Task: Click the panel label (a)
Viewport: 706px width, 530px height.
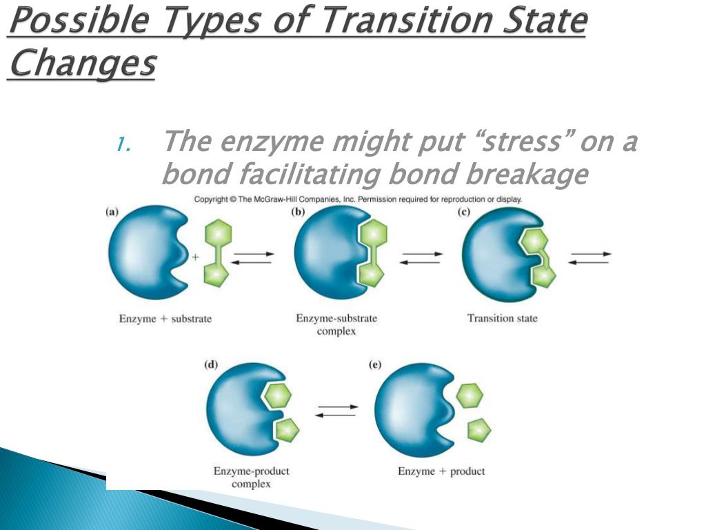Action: [111, 213]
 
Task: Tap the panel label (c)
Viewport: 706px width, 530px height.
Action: [464, 213]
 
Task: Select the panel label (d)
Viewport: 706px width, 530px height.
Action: [211, 365]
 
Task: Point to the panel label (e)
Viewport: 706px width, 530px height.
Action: [375, 365]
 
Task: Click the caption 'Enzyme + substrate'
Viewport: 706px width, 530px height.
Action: [165, 319]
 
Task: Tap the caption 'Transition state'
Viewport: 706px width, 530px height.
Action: [502, 318]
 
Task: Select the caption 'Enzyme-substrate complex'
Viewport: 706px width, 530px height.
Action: [336, 324]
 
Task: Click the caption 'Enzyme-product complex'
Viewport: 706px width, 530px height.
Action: [251, 478]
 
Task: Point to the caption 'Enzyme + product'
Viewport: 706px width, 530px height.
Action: [441, 471]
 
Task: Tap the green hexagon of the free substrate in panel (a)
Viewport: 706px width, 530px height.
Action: [219, 233]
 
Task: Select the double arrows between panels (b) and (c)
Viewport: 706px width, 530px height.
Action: [422, 257]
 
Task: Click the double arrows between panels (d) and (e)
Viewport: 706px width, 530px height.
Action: [336, 411]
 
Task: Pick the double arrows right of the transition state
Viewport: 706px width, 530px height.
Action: [590, 257]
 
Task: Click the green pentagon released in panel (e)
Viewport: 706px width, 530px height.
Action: [478, 430]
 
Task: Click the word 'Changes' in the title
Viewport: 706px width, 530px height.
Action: [82, 64]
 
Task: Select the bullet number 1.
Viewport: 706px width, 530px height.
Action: [123, 144]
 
